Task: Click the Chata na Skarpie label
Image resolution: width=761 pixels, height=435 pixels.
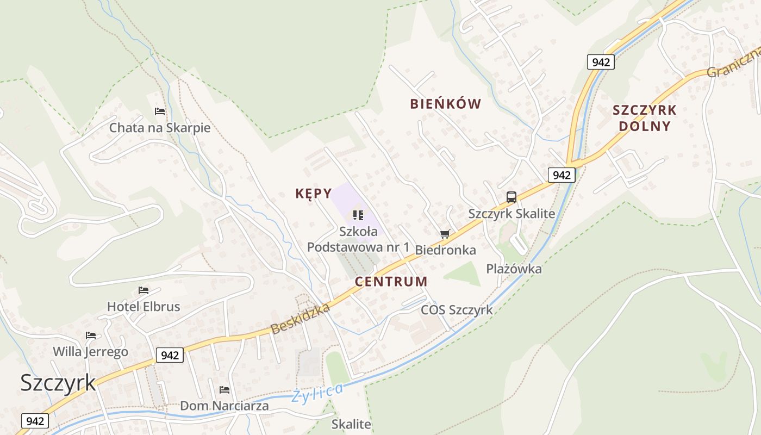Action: (159, 128)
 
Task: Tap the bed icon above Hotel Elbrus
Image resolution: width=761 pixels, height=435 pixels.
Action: (144, 290)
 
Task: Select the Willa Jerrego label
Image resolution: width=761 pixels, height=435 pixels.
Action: (90, 351)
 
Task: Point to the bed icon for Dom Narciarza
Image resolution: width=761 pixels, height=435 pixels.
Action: (224, 390)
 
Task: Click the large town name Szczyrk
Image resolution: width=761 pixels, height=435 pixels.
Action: (58, 382)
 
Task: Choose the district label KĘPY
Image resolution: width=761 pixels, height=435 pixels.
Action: (313, 194)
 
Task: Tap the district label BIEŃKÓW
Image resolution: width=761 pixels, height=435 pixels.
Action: (445, 104)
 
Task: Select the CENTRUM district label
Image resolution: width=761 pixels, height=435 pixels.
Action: (391, 282)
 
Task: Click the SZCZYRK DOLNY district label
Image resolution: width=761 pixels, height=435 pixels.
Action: (644, 118)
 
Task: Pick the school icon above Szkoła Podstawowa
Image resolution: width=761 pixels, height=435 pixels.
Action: (358, 215)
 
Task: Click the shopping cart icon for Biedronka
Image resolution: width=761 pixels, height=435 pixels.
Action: (445, 234)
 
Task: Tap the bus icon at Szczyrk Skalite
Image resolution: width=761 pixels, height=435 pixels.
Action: (511, 197)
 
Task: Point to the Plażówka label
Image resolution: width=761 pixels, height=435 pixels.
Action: (514, 269)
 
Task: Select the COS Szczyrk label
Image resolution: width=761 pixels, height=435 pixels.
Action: (457, 310)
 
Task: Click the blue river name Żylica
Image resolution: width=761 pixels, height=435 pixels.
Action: (317, 393)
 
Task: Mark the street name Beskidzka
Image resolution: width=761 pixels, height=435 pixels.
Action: (301, 319)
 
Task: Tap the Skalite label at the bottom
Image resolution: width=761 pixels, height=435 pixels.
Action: (351, 424)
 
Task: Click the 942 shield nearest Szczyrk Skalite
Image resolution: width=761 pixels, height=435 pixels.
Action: (561, 175)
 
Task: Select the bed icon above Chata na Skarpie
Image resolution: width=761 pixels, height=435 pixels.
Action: (160, 111)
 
